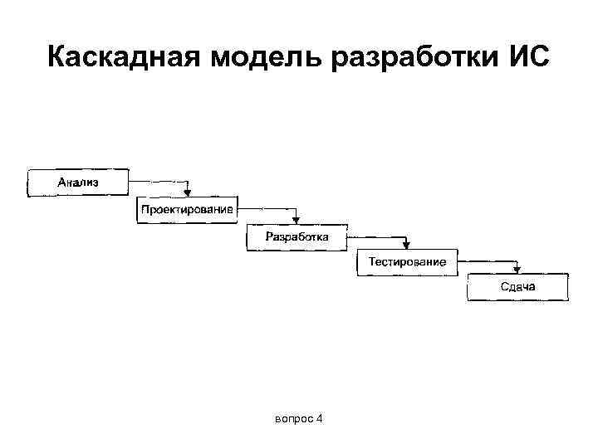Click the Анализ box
[78, 183]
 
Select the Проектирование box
[187, 209]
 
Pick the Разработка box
[297, 236]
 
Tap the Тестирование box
[407, 262]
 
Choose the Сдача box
[517, 288]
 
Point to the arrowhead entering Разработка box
[297, 218]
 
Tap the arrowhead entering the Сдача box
[517, 270]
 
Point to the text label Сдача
[517, 287]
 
